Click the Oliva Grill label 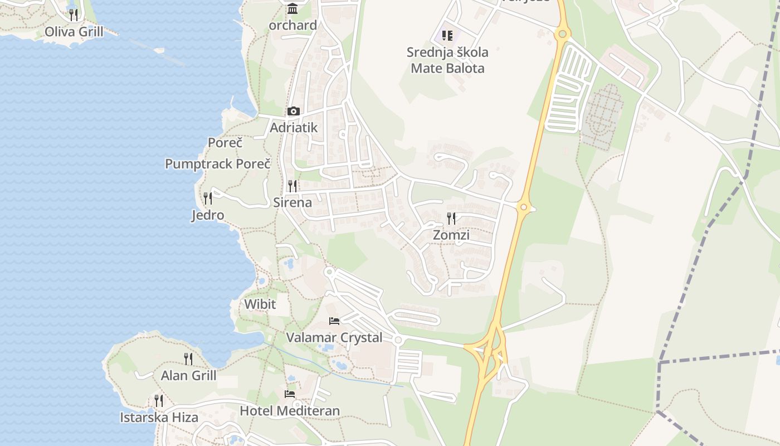(x=74, y=32)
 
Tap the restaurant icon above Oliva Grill (x=74, y=14)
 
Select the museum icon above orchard (x=292, y=9)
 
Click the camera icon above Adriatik (x=294, y=111)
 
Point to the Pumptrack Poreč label (x=218, y=164)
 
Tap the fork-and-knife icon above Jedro (x=208, y=198)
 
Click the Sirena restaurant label (x=292, y=202)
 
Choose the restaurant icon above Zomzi (x=451, y=219)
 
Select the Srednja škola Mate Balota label (x=447, y=60)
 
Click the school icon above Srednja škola (x=447, y=36)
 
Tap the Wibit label (x=260, y=304)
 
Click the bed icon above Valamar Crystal (x=334, y=321)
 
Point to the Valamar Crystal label (x=334, y=338)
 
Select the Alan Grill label (x=188, y=376)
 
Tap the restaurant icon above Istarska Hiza (x=159, y=401)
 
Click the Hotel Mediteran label (x=290, y=411)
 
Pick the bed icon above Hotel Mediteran (x=290, y=394)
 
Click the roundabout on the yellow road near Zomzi (x=523, y=207)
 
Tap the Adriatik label (x=294, y=128)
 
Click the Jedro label (x=208, y=215)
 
